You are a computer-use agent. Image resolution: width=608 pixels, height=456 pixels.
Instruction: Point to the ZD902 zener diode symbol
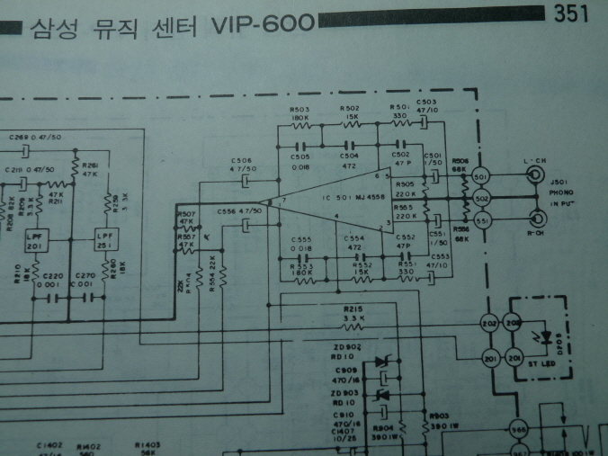click(x=380, y=362)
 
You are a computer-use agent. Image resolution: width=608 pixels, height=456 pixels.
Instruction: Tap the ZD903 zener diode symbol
click(x=380, y=395)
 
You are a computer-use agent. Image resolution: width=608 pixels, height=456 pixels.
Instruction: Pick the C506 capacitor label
click(x=243, y=161)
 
